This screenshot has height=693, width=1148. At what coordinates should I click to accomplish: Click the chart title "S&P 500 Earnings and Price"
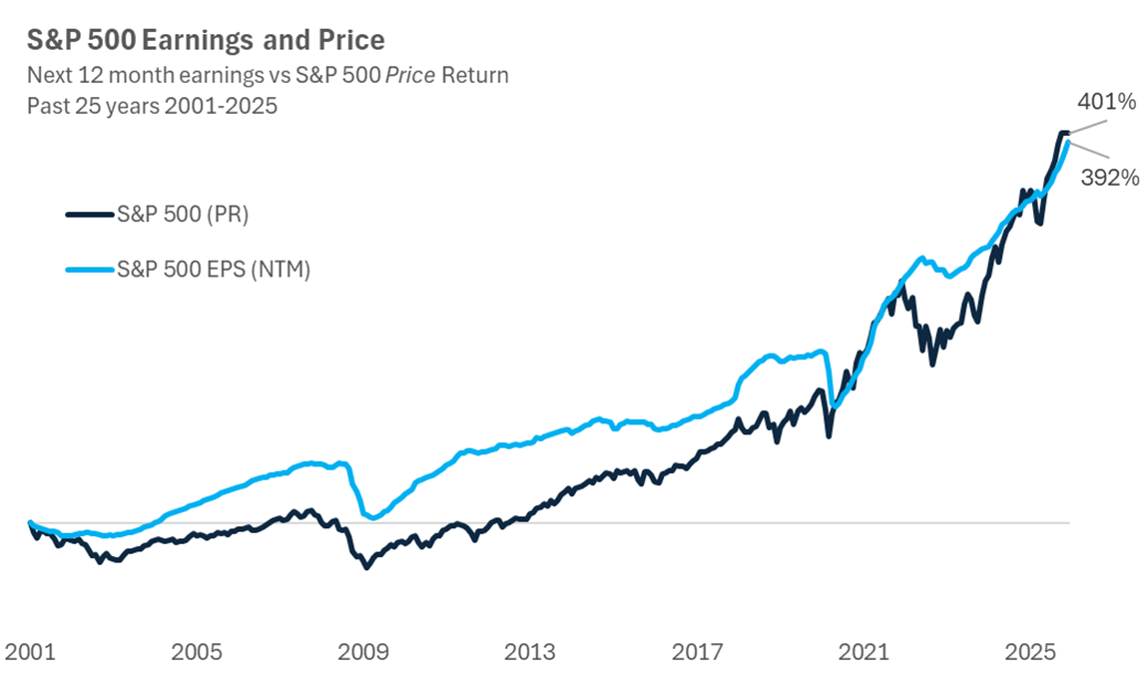[206, 41]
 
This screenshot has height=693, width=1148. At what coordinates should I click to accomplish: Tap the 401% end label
[1106, 102]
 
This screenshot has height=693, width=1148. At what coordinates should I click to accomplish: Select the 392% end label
[1108, 178]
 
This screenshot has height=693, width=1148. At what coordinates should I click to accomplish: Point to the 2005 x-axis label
[196, 652]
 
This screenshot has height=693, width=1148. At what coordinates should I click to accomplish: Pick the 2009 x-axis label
[362, 652]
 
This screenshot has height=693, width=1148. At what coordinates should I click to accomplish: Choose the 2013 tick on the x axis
[529, 652]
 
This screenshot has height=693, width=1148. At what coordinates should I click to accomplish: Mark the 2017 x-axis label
[697, 652]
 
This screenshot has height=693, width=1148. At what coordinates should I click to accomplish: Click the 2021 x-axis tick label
[863, 652]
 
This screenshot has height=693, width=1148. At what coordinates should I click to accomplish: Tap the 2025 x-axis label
[1030, 652]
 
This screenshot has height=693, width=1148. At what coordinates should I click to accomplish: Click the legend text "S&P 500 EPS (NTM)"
[213, 270]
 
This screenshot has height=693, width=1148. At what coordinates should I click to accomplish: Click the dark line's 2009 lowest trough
[366, 567]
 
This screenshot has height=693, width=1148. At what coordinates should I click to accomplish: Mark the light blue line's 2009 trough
[372, 517]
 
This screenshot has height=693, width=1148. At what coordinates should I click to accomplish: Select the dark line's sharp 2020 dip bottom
[828, 435]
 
